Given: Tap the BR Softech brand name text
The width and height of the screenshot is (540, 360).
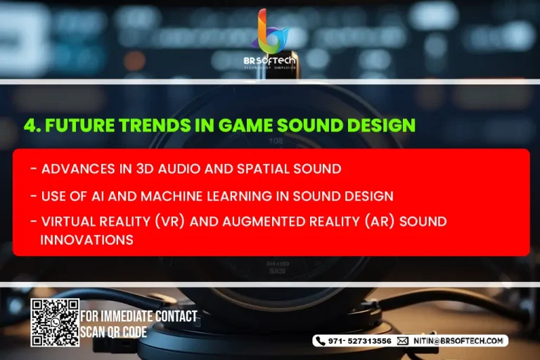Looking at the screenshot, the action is point(270,60).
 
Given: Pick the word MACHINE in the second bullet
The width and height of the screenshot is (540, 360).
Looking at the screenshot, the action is point(172,196).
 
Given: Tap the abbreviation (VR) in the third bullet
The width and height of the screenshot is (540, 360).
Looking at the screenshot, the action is point(169,221).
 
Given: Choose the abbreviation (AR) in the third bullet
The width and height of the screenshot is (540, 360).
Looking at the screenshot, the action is point(380,221).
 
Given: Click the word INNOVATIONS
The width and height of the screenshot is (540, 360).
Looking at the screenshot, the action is point(86,240).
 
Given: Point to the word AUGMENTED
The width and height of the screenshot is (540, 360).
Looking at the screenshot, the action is point(264,221).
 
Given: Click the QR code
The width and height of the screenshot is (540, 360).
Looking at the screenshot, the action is point(55,323).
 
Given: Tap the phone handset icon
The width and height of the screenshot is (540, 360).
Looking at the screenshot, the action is point(321,341).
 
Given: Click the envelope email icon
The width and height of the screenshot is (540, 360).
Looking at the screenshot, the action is point(403,341).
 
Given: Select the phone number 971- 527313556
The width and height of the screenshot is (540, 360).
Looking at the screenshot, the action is point(359,341).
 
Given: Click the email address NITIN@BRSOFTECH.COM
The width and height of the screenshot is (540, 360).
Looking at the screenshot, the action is point(458,341).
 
